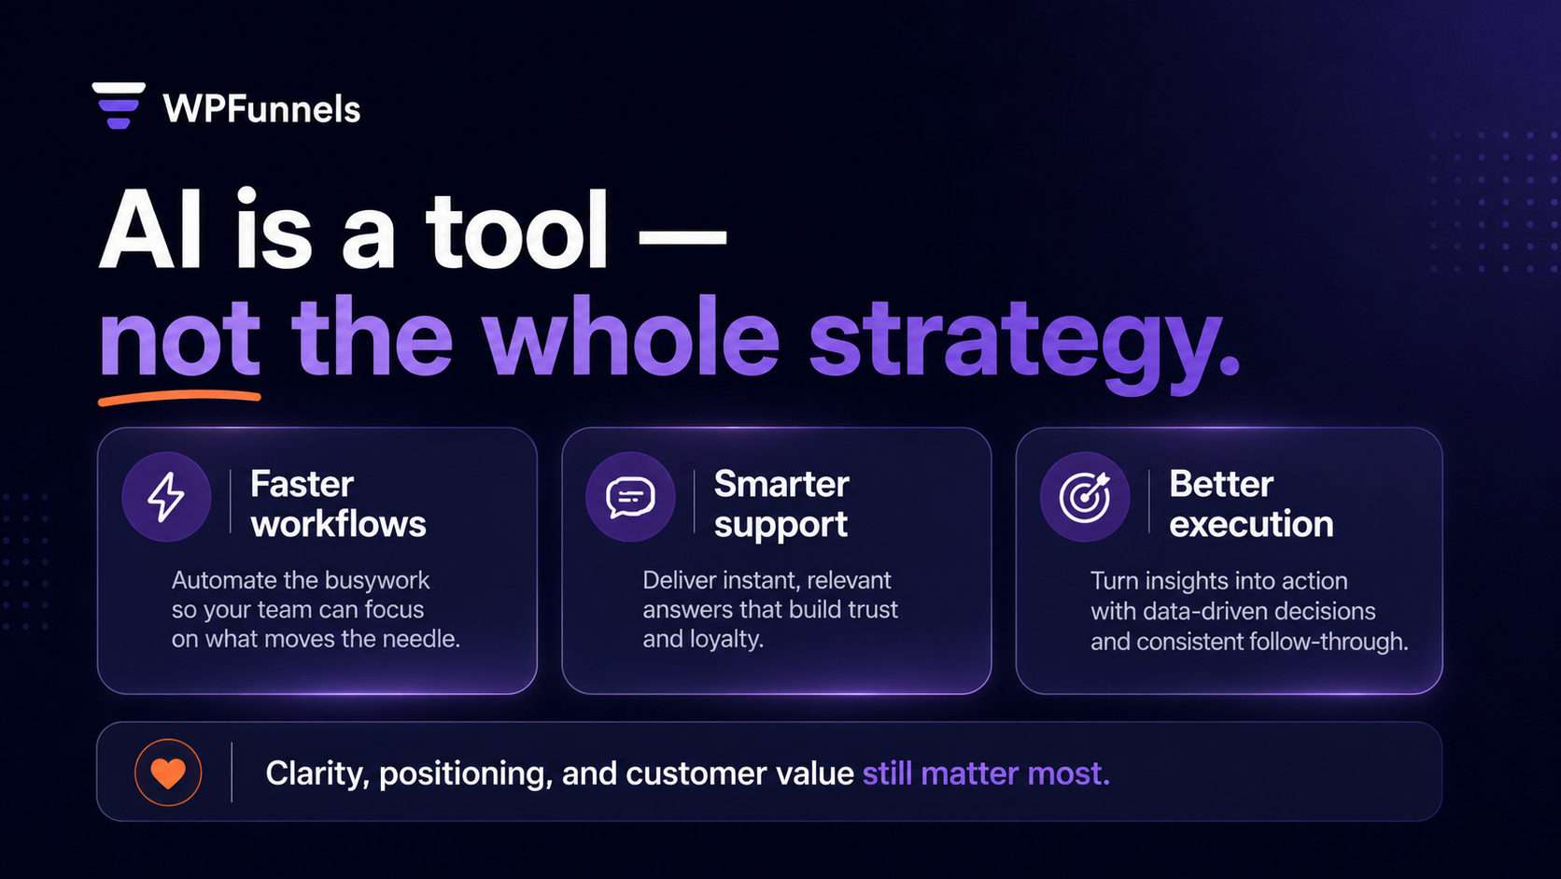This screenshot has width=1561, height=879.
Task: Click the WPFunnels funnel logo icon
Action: [119, 105]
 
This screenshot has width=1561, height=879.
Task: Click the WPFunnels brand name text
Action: [261, 109]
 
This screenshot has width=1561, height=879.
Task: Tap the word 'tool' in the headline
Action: [517, 231]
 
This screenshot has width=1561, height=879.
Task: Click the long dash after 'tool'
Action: [682, 236]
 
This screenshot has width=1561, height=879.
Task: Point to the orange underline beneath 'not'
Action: [179, 399]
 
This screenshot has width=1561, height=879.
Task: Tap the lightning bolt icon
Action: [166, 496]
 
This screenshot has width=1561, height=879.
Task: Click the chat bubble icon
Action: [630, 497]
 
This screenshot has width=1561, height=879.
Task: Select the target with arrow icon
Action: [1085, 496]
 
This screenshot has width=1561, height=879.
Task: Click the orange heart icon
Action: [168, 773]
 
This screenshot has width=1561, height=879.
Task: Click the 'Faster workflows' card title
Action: [338, 503]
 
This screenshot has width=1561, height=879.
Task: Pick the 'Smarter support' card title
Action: [781, 503]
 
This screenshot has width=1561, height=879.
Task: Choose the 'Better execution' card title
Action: [1250, 503]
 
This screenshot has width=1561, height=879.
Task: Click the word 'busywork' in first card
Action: [377, 581]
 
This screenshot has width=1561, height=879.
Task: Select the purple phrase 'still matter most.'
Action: [986, 773]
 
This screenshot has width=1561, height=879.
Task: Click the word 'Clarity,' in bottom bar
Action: [317, 774]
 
